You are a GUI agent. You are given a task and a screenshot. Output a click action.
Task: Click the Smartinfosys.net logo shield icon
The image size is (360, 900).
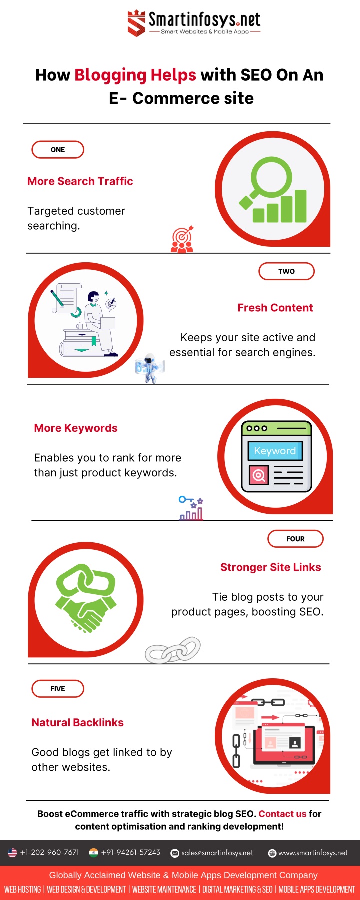point(136,23)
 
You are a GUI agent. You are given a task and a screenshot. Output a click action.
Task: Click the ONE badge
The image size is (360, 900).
point(58,150)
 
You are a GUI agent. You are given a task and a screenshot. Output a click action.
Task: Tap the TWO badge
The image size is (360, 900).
point(286,271)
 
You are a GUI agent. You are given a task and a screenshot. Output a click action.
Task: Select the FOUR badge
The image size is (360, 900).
point(295,539)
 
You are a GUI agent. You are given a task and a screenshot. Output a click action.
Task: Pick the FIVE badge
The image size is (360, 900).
point(58,689)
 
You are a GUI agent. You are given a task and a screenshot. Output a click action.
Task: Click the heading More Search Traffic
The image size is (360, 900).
point(80,181)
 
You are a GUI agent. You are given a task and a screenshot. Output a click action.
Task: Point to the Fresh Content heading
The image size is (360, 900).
point(275,308)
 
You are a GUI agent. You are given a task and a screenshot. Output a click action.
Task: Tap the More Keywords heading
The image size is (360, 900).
point(76,428)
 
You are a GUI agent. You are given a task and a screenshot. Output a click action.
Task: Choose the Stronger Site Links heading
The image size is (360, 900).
point(271,567)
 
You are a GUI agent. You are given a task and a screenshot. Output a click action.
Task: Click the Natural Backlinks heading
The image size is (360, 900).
point(77,723)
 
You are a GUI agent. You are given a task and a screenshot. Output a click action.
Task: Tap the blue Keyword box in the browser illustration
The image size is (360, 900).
point(275,451)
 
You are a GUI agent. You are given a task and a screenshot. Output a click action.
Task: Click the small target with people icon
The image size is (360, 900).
point(182,239)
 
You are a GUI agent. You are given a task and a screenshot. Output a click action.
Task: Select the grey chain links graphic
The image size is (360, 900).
point(173,650)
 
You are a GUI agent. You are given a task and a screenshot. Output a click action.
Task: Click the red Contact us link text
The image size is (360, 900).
point(282,814)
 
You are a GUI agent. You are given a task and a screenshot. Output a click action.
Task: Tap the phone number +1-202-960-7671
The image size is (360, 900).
point(49,852)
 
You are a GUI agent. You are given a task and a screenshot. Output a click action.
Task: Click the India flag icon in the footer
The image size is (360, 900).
point(93,853)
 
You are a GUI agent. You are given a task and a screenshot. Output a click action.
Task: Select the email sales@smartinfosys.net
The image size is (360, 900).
point(217,853)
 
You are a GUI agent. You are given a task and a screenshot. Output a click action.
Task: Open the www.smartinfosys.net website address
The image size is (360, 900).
point(313,853)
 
